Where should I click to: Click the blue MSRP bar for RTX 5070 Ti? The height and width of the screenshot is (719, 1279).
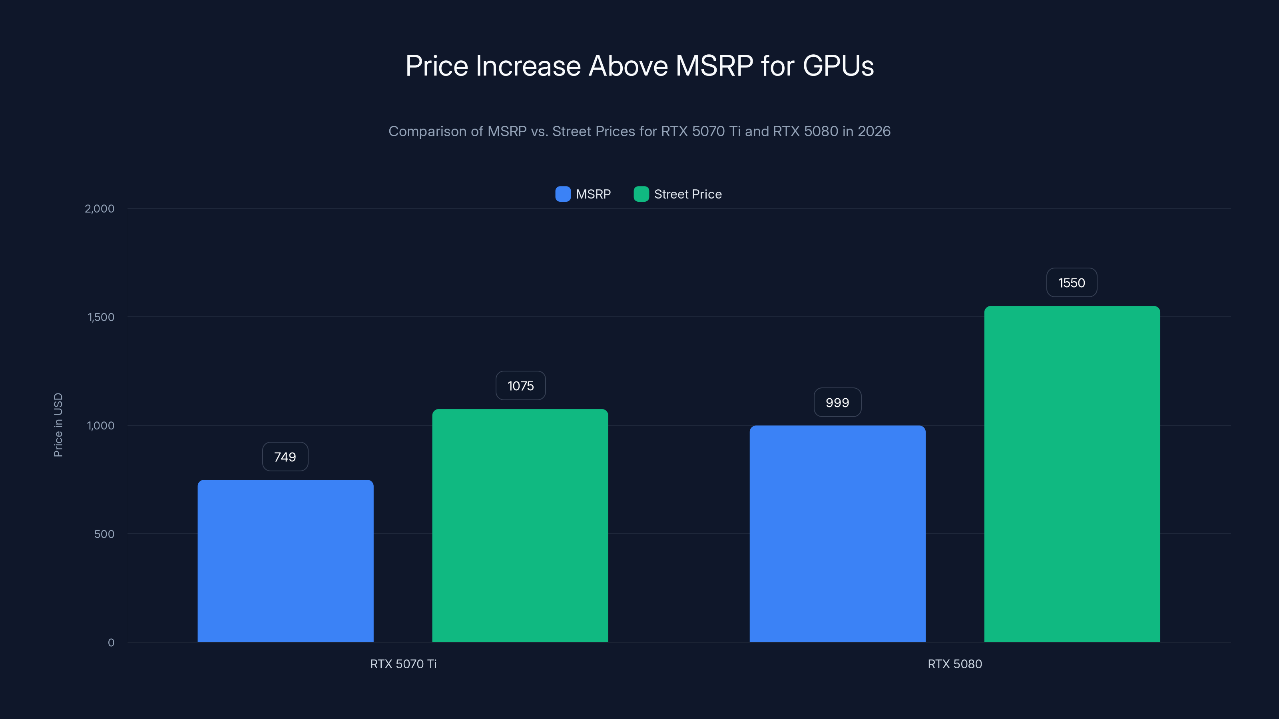click(285, 561)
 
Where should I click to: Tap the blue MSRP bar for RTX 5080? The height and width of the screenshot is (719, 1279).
click(837, 533)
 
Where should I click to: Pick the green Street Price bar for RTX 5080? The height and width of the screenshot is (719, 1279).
click(1072, 474)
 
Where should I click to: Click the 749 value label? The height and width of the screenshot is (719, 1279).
click(285, 457)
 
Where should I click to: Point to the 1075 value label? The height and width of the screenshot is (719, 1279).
click(520, 385)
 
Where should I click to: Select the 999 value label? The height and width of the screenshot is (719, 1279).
click(837, 402)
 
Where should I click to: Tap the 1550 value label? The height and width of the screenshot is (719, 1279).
click(1072, 283)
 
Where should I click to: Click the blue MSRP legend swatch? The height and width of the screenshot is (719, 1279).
click(562, 194)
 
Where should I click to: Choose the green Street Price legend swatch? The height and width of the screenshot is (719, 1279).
click(641, 194)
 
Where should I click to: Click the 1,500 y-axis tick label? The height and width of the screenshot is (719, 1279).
click(101, 317)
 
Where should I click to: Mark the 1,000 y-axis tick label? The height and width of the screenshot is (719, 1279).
click(100, 425)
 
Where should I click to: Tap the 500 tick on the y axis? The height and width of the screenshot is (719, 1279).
click(104, 534)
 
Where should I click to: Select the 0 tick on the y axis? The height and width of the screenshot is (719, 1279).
click(111, 643)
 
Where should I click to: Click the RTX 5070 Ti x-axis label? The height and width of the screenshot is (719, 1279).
click(403, 664)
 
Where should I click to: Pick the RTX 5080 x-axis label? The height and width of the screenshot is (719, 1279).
click(954, 664)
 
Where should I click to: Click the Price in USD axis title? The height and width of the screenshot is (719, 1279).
click(58, 425)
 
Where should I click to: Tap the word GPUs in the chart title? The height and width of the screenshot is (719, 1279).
click(838, 66)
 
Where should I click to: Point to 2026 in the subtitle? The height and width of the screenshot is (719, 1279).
click(874, 131)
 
